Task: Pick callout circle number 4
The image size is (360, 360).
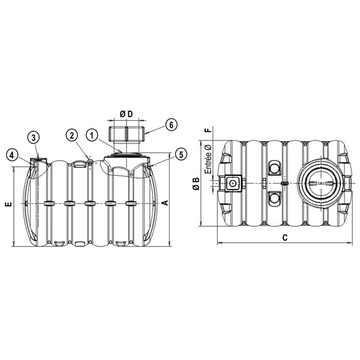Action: click(x=11, y=154)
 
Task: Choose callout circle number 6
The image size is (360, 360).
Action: click(x=170, y=125)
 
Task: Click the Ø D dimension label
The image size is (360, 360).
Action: click(x=126, y=115)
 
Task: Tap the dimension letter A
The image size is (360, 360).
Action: click(x=165, y=204)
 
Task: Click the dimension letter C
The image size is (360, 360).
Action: click(x=286, y=237)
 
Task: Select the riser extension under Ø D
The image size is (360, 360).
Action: click(x=126, y=133)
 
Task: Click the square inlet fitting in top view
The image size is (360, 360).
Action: click(x=232, y=182)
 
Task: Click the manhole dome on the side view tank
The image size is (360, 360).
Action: click(x=127, y=160)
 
